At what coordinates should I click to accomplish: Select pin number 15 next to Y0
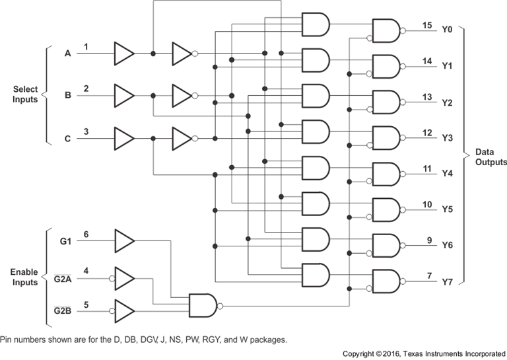pyautogui.click(x=427, y=25)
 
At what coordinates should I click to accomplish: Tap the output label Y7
pyautogui.click(x=447, y=282)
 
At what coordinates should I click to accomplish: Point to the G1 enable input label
pyautogui.click(x=65, y=240)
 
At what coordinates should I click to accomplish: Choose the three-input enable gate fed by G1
pyautogui.click(x=204, y=305)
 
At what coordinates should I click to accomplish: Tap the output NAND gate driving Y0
pyautogui.click(x=386, y=30)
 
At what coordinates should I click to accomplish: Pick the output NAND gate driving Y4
pyautogui.click(x=386, y=174)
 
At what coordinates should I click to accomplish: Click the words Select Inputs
pyautogui.click(x=25, y=95)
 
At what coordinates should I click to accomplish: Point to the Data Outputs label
pyautogui.click(x=490, y=157)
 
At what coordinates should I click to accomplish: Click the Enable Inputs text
pyautogui.click(x=25, y=277)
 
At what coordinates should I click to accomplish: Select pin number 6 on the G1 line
pyautogui.click(x=86, y=234)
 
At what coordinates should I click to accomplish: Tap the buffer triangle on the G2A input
pyautogui.click(x=124, y=277)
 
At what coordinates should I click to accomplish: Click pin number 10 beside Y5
pyautogui.click(x=427, y=205)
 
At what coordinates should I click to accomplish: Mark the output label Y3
pyautogui.click(x=447, y=138)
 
